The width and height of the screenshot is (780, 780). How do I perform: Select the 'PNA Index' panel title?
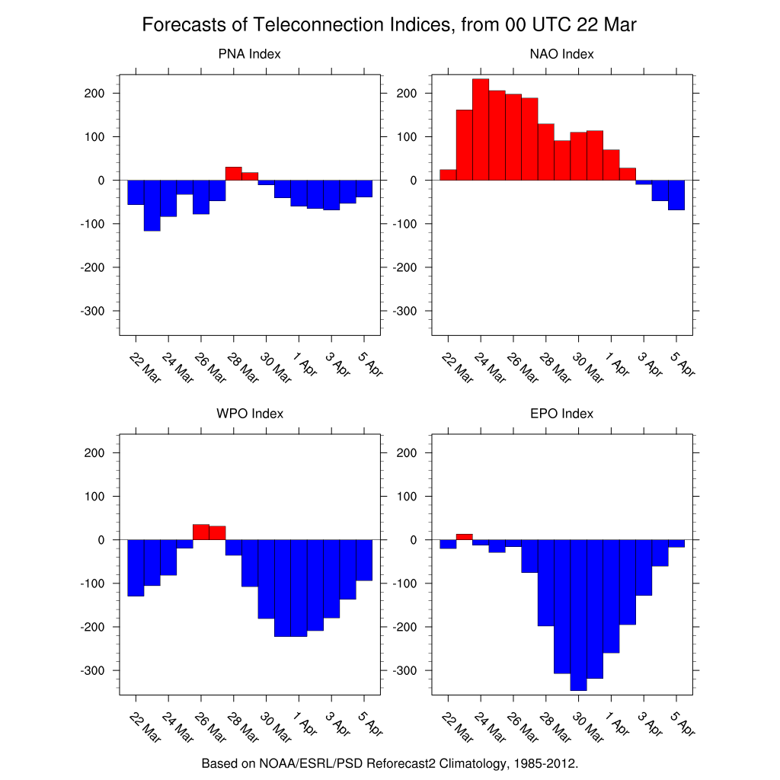[249, 54]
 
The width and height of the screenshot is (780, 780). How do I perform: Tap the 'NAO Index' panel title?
[561, 54]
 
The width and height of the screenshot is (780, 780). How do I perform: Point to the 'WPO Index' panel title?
[249, 414]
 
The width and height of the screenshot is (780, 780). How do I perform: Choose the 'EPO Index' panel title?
[561, 414]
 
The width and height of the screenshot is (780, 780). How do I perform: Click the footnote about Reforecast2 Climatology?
[389, 762]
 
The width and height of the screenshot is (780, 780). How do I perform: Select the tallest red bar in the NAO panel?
[481, 129]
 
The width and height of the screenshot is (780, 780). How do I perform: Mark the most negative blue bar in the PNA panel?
[152, 206]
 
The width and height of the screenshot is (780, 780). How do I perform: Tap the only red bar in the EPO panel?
[464, 537]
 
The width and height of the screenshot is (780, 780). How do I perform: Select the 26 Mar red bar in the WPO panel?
[200, 532]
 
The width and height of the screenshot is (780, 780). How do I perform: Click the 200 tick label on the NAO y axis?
[408, 94]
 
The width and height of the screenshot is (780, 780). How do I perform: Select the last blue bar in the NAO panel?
[676, 195]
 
